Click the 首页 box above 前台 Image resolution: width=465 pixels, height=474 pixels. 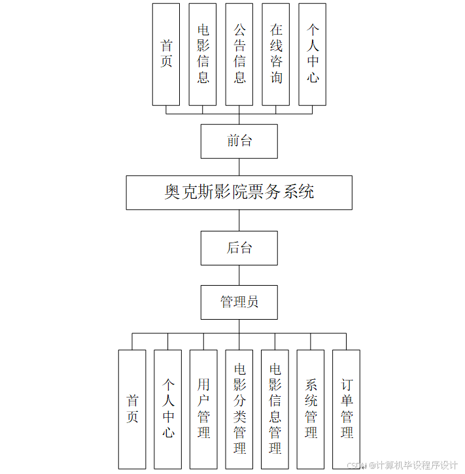coord(166,54)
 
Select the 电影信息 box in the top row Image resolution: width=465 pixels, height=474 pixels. coord(203,54)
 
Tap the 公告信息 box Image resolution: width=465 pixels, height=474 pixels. coord(239,54)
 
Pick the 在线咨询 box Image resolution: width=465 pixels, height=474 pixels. coord(276,54)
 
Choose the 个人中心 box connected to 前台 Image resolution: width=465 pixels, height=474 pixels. coord(313,54)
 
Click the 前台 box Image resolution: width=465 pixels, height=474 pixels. coord(239,141)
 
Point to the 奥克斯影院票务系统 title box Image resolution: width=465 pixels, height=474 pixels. coord(239,192)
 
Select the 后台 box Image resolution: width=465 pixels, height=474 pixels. coord(239,248)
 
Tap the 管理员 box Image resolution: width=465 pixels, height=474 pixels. coord(239,302)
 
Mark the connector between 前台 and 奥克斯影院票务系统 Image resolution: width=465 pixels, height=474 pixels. coord(239,167)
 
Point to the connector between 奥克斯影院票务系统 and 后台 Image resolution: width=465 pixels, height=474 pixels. coord(239,220)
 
